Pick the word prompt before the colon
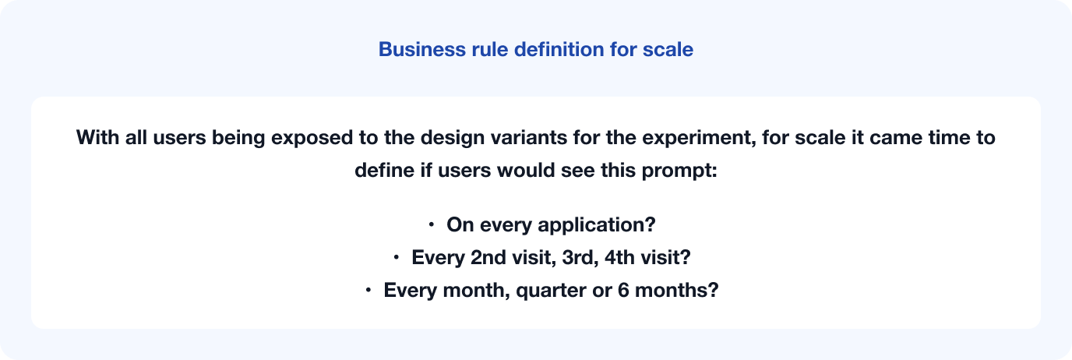pyautogui.click(x=675, y=171)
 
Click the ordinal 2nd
pyautogui.click(x=488, y=258)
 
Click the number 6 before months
pyautogui.click(x=623, y=290)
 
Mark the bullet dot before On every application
pyautogui.click(x=431, y=224)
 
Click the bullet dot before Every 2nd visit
pyautogui.click(x=397, y=257)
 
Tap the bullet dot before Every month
pyautogui.click(x=368, y=290)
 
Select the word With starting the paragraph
pyautogui.click(x=97, y=137)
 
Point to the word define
pyautogui.click(x=384, y=171)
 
